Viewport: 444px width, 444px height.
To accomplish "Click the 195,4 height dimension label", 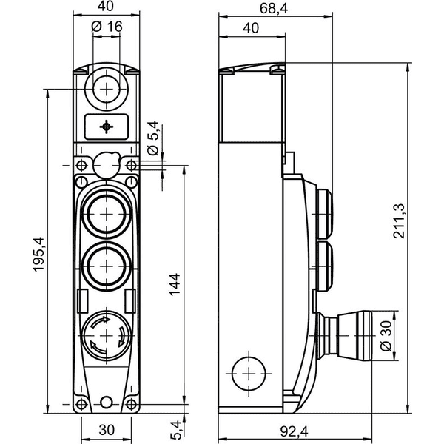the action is pos(38,255).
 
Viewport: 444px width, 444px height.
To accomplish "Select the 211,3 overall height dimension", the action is pos(400,221).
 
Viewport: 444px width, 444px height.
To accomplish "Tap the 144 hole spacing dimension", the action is pos(175,284).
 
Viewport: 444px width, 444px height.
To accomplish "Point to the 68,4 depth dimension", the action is pos(274,8).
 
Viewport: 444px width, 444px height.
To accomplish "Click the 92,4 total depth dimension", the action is pos(295,431).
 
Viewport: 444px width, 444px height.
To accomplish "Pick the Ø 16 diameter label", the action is pos(107,27).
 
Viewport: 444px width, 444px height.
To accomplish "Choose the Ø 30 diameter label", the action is pos(386,336).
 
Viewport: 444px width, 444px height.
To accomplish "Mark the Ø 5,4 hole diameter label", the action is pos(153,138).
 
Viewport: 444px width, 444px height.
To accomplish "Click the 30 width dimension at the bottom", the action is pos(107,430).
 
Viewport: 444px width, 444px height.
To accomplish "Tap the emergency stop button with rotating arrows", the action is pos(107,336).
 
